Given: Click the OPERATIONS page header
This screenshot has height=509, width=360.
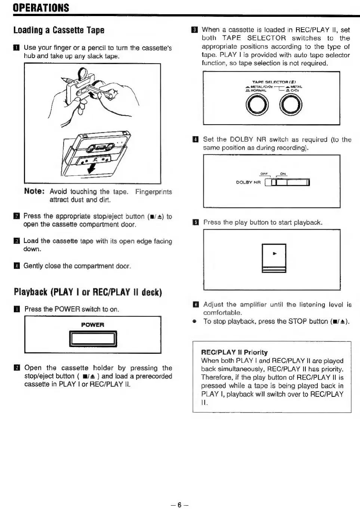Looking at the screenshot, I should click(x=41, y=8).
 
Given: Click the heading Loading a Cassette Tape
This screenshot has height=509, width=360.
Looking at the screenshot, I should click(x=59, y=30).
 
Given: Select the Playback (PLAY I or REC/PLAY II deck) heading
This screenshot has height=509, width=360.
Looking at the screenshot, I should click(x=87, y=292).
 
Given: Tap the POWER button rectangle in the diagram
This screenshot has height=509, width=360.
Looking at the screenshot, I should click(x=93, y=339).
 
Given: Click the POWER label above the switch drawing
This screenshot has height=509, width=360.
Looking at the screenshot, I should click(x=92, y=325).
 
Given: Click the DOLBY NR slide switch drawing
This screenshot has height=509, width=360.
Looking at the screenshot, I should click(x=287, y=183).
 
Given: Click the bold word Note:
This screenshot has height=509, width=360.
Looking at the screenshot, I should click(x=34, y=191).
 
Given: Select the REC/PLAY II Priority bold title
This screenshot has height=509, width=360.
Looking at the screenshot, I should click(x=234, y=352).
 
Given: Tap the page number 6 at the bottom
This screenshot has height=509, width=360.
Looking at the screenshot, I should click(x=179, y=505).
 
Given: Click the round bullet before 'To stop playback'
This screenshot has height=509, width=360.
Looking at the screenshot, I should click(x=194, y=322).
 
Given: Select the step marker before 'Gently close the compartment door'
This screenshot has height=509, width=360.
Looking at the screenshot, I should click(x=16, y=266).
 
